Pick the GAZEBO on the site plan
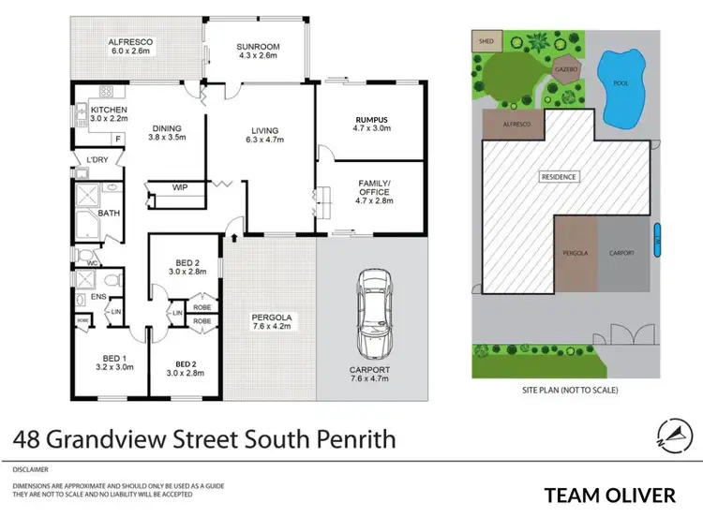pos(565,68)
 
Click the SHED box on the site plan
pos(486,42)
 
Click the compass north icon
pos(672,434)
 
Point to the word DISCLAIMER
pos(31,468)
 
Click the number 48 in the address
pos(28,437)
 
